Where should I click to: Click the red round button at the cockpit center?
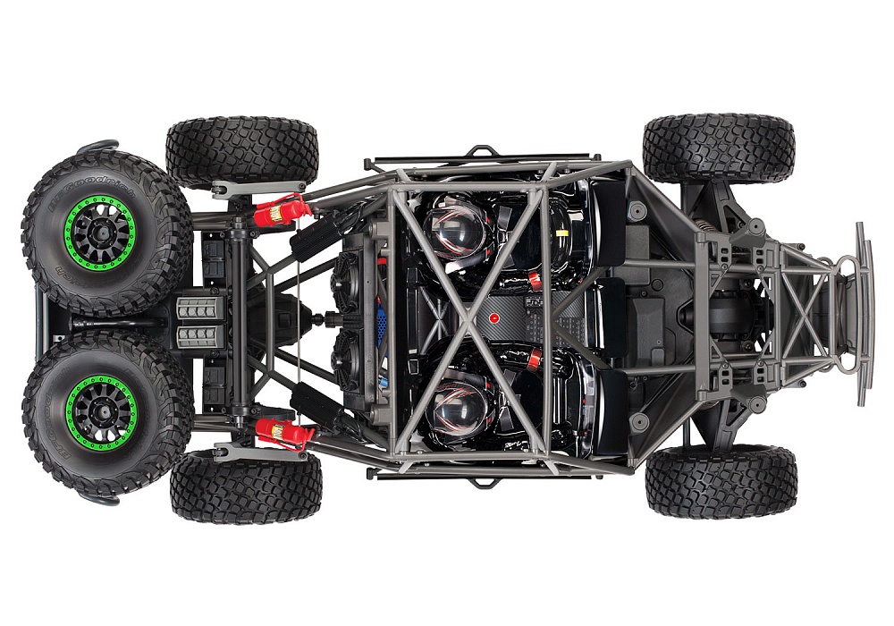click(493, 317)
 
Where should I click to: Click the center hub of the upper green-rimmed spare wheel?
click(99, 231)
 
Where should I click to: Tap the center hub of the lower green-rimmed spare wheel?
click(99, 412)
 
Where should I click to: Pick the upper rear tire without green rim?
click(241, 152)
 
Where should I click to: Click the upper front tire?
click(718, 148)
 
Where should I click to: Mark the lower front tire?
click(721, 480)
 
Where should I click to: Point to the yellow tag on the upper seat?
click(562, 232)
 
